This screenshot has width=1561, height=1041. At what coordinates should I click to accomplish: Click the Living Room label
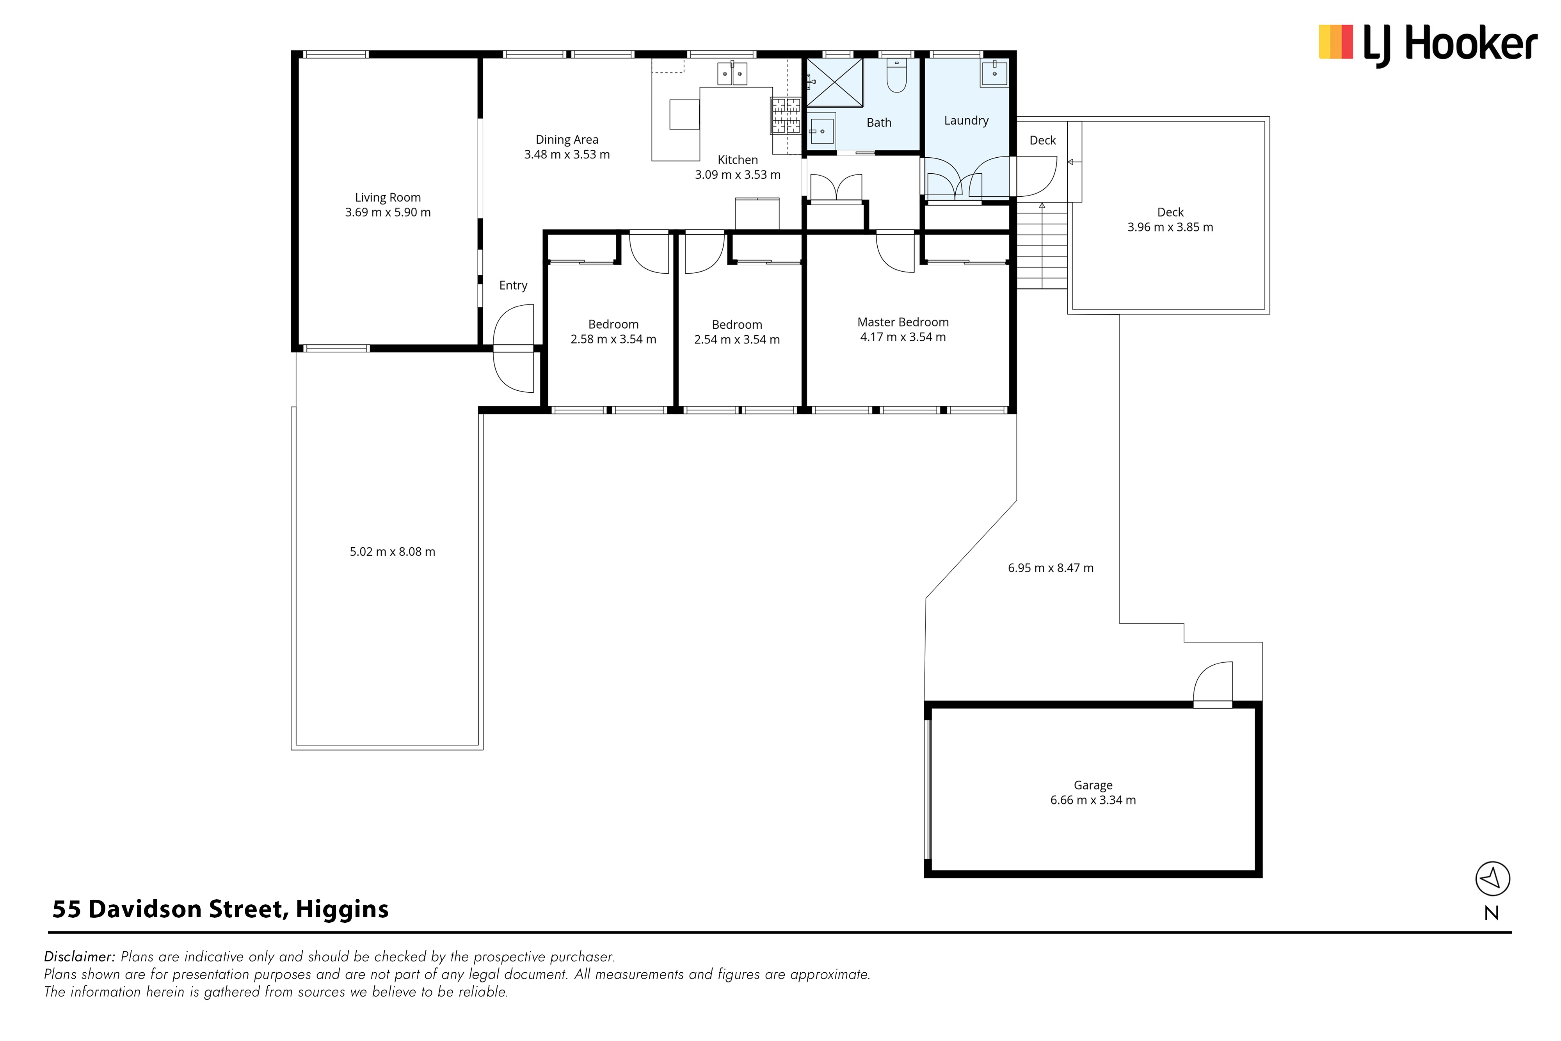388,197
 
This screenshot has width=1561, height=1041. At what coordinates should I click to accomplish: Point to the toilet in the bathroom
897,77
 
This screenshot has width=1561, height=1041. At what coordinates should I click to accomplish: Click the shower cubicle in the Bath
834,82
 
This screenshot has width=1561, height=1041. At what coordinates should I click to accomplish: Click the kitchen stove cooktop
785,116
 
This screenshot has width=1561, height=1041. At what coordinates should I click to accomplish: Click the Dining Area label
567,139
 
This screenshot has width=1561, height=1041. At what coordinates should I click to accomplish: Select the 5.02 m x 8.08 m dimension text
392,552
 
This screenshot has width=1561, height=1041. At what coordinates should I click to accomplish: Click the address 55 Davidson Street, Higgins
220,909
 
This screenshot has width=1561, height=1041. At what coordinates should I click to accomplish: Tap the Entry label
513,285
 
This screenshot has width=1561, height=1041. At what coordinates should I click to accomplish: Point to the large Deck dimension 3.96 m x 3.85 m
1170,227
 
